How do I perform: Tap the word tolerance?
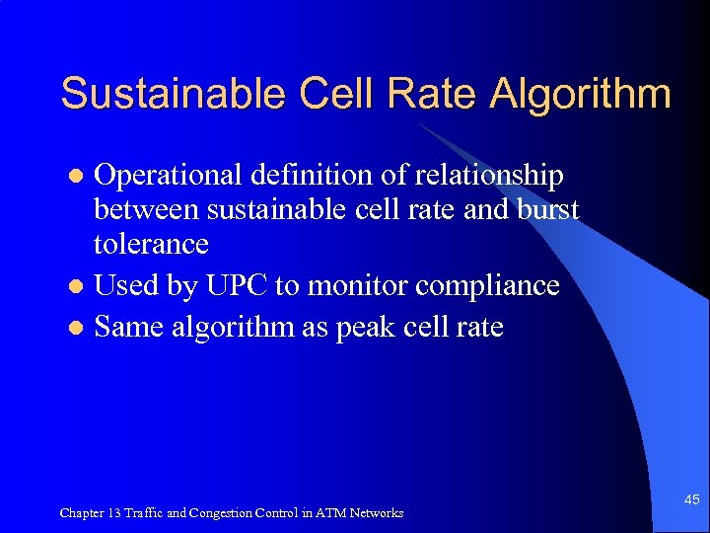point(151,244)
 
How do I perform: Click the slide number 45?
point(691,500)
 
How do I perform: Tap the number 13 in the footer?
point(113,512)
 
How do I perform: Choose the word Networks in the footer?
point(377,512)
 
